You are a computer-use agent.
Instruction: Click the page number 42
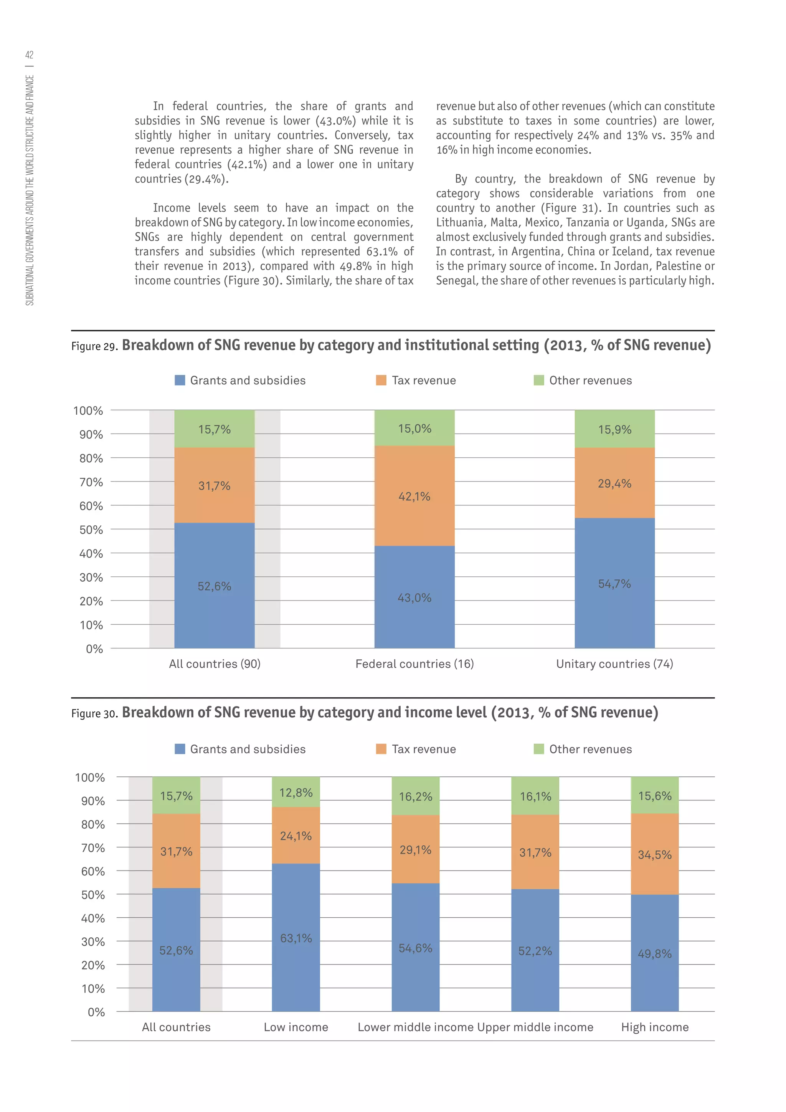point(30,55)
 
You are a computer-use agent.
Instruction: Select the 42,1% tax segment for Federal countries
point(414,496)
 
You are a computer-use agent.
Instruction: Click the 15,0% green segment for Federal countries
point(414,429)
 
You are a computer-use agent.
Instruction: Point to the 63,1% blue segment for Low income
point(296,938)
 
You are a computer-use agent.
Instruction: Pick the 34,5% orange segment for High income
point(654,855)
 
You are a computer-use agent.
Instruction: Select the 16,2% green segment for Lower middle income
point(415,797)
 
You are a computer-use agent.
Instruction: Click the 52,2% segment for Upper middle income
point(535,951)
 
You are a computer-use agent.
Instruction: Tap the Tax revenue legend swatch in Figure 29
point(381,380)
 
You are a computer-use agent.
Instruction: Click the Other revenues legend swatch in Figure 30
point(539,749)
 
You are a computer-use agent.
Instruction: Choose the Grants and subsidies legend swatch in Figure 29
point(180,380)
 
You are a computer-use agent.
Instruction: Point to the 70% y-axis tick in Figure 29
point(91,482)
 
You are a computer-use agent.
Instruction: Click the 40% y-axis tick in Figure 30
point(93,918)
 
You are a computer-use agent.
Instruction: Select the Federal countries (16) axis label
point(414,664)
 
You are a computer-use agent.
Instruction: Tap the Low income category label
point(296,1027)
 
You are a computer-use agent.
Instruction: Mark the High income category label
point(654,1027)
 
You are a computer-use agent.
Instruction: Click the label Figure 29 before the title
point(94,346)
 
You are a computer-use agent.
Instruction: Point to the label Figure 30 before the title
point(94,713)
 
